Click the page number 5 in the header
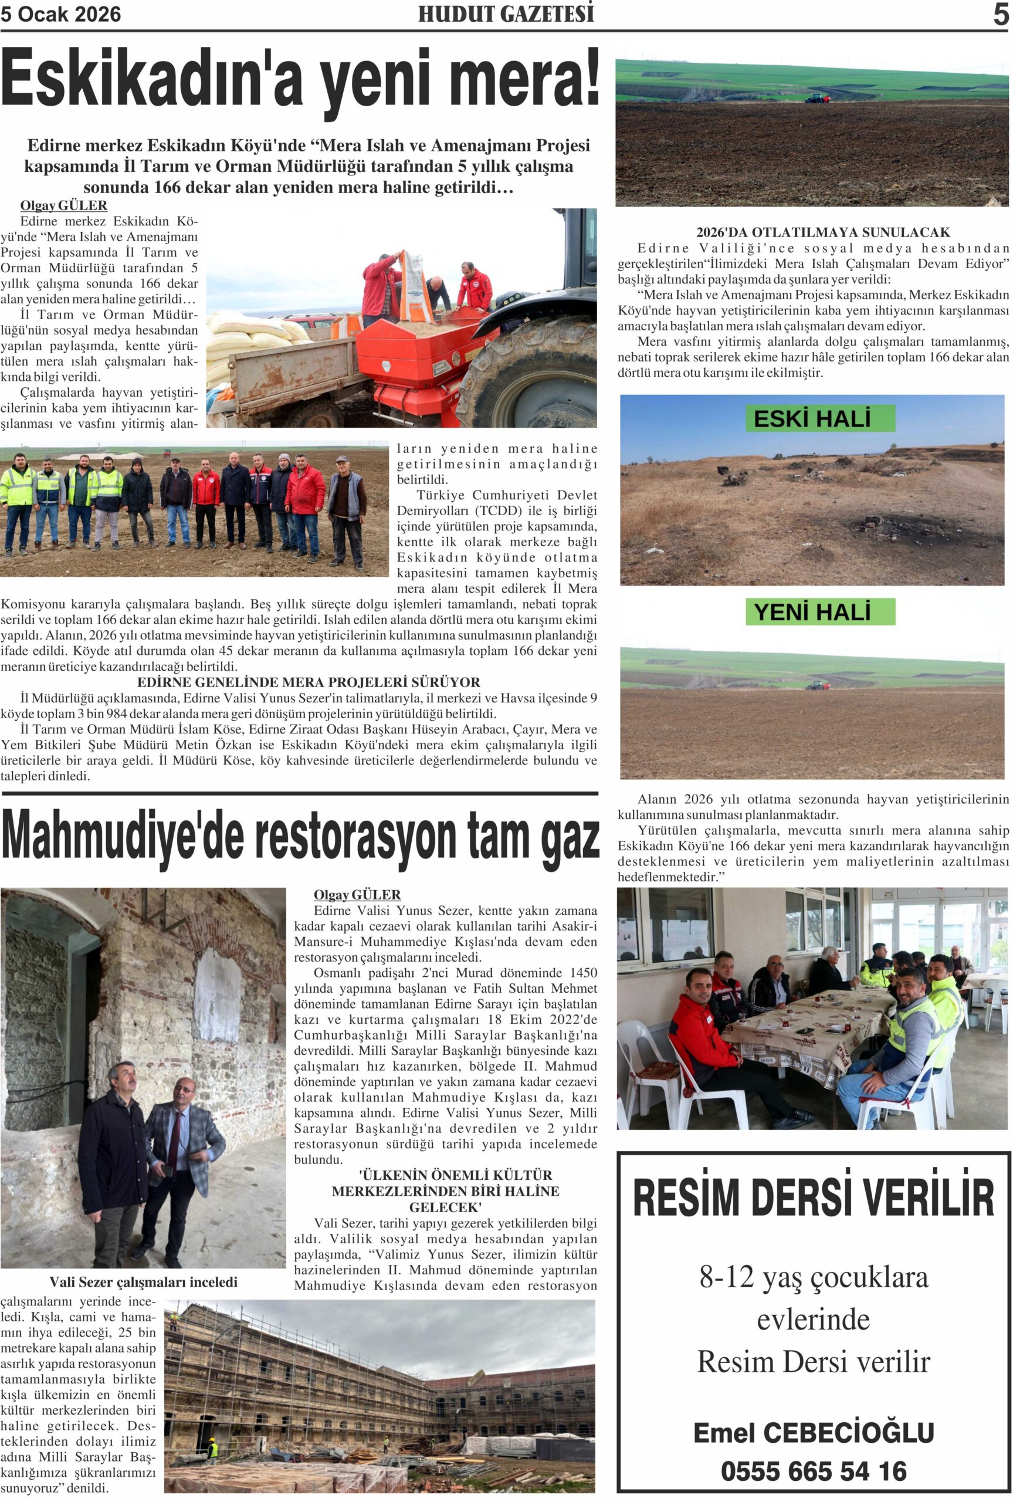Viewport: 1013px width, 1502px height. point(1000,15)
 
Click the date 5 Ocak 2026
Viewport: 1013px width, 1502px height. point(61,15)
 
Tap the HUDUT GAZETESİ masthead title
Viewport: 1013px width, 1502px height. point(506,15)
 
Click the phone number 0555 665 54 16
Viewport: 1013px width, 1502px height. point(814,1471)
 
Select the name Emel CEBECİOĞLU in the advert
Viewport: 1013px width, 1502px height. point(814,1432)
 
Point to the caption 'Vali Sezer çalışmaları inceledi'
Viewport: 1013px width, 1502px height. point(144,1282)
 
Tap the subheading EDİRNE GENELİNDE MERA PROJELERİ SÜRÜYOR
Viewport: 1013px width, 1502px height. point(309,682)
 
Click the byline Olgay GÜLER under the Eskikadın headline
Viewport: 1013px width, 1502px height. point(63,206)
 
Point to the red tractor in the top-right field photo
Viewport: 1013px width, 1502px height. point(816,98)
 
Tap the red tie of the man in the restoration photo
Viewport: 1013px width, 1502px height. point(173,1139)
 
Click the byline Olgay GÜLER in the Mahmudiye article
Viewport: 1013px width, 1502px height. point(357,895)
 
